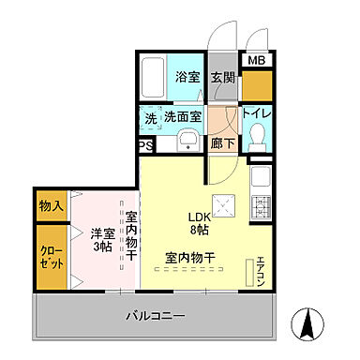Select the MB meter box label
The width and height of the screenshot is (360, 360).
click(256, 61)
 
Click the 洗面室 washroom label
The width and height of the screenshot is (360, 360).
click(183, 118)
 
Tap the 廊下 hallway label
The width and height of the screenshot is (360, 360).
click(221, 145)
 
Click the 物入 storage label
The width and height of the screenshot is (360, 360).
click(52, 205)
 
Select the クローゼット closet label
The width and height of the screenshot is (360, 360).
click(52, 257)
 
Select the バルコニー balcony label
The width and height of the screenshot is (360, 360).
click(156, 317)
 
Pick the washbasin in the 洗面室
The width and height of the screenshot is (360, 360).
click(186, 142)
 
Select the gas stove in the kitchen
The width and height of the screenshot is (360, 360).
click(262, 206)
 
